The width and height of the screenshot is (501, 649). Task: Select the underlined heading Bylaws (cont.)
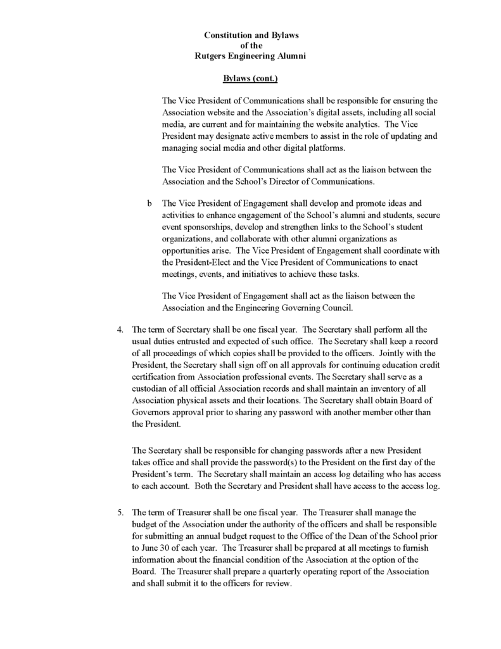(250, 79)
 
